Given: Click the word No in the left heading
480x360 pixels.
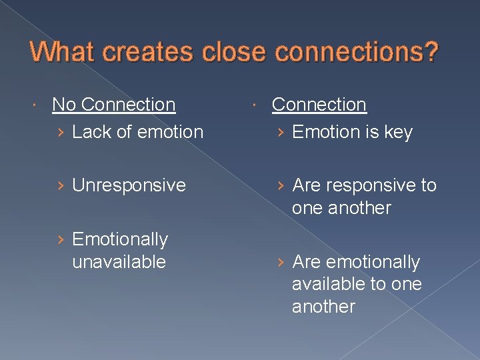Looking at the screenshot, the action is point(65,105).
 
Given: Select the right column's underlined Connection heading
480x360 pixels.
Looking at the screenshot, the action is point(319,105).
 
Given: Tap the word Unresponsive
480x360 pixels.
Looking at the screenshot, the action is point(129,185).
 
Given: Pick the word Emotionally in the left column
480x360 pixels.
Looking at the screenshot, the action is point(120,239).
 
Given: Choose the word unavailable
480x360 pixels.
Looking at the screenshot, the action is point(119,261).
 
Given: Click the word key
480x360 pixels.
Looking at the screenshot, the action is point(398,133).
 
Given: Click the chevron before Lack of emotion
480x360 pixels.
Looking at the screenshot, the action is point(61,133).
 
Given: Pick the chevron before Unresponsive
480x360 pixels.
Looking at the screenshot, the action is point(61,185).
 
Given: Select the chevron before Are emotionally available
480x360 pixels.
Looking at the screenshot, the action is point(281,263).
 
